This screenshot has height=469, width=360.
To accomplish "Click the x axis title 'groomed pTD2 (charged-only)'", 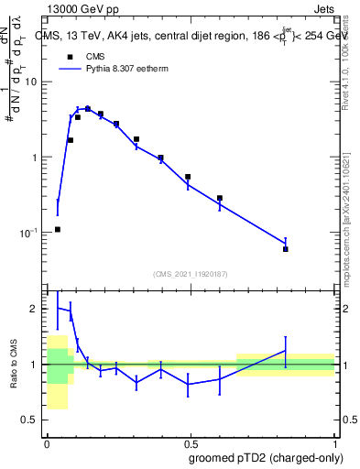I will click(267, 457).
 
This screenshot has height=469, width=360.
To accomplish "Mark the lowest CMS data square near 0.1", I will click(58, 229).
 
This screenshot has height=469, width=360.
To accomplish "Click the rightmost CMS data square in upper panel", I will click(286, 248).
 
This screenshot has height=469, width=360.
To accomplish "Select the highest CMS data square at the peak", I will click(88, 109).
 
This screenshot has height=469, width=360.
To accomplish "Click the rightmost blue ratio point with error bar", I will click(286, 351).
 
